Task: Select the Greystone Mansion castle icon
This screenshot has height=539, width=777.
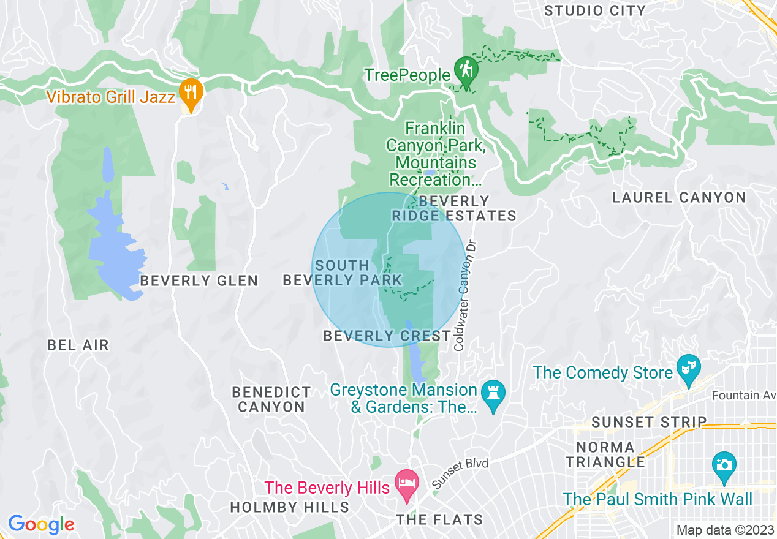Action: (x=494, y=393)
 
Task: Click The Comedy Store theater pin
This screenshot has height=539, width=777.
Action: (x=688, y=369)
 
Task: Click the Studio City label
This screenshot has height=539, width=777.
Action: (x=594, y=10)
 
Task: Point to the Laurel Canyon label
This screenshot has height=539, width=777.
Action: (x=680, y=197)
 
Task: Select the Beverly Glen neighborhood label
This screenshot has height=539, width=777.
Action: (x=199, y=281)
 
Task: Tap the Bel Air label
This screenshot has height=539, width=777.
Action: (x=78, y=345)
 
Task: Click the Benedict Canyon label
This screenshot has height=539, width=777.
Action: (x=271, y=399)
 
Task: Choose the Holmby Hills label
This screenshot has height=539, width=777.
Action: (x=289, y=507)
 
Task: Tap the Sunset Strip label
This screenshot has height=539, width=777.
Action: (x=649, y=422)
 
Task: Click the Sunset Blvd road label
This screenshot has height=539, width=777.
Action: (x=460, y=472)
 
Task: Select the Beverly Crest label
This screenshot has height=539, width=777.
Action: (x=387, y=336)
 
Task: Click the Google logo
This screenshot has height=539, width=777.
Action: (x=41, y=524)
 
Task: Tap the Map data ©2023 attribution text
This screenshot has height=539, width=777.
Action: (x=724, y=530)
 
